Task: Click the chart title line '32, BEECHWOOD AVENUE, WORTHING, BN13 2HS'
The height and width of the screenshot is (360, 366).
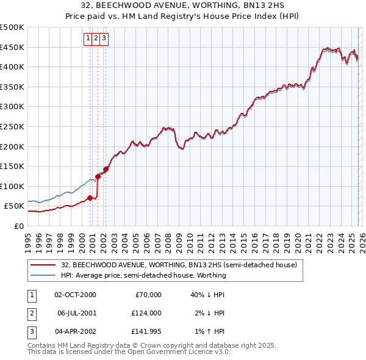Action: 182,7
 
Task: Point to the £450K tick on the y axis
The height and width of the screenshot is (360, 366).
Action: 12,47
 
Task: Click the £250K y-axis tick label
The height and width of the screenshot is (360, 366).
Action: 12,126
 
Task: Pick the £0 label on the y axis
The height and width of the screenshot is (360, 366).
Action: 18,226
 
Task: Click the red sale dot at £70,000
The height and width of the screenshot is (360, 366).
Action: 90,198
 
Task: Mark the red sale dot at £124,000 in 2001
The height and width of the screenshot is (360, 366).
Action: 98,176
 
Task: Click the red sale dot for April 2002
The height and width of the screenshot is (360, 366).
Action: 106,169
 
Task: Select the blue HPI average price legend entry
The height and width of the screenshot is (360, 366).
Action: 143,275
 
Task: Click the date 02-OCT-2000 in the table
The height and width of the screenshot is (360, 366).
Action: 75,295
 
